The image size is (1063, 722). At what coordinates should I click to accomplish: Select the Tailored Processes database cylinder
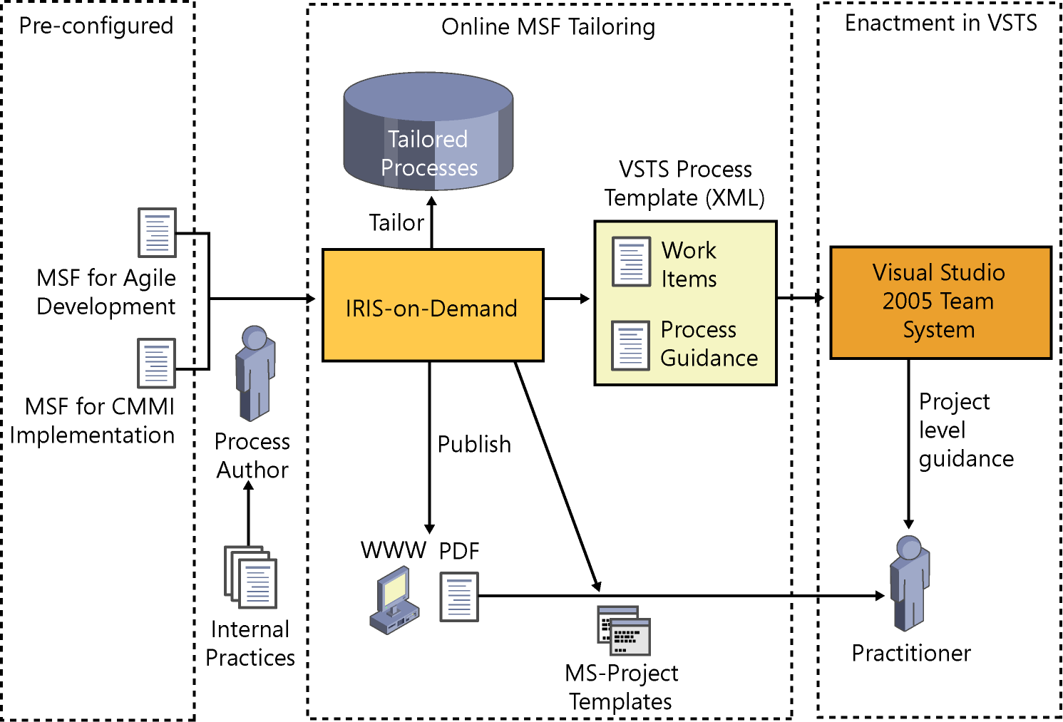(428, 133)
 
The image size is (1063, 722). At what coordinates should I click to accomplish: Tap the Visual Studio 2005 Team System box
(940, 302)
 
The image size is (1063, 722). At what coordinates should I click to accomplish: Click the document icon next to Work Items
(631, 262)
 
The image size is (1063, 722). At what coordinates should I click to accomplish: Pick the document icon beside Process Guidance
(630, 346)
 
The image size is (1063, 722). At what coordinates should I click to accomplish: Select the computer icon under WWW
(394, 600)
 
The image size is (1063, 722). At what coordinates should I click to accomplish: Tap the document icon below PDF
(458, 597)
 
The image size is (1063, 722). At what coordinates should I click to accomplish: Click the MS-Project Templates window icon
(624, 631)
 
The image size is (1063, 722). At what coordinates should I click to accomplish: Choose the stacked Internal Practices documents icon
(250, 577)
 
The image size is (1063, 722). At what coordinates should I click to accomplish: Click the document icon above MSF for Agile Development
(157, 232)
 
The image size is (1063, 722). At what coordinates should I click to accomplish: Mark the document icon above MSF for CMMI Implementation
(156, 363)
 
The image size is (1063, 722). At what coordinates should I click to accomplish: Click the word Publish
(474, 444)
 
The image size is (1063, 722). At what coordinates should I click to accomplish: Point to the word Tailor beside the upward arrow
(396, 222)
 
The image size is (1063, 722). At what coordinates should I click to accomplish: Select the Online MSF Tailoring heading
(548, 27)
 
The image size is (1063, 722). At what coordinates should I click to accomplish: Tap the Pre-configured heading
(96, 26)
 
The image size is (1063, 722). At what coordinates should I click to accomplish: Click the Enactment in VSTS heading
(940, 24)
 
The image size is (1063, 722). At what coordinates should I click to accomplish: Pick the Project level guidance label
(965, 430)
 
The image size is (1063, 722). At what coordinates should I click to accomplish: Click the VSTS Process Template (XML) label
(684, 183)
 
